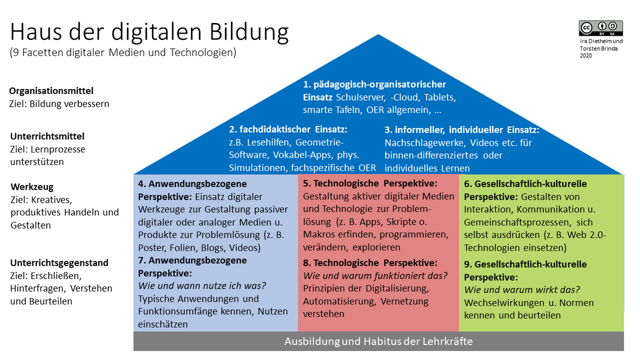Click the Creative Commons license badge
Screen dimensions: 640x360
pos(601,28)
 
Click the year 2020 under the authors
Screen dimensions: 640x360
pos(586,55)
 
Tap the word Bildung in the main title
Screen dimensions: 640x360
pos(249,33)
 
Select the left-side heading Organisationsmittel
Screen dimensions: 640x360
pos(51,91)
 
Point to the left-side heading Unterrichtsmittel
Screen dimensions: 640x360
pos(47,137)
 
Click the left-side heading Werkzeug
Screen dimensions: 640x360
pos(32,187)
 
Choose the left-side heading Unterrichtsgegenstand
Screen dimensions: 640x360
pos(59,263)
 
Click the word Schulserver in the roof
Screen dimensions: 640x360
pos(361,98)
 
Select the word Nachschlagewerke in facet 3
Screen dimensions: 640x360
pos(423,142)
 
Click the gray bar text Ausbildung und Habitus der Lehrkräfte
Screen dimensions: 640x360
pos(379,341)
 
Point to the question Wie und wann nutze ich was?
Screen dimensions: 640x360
pos(202,286)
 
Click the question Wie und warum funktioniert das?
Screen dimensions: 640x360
pos(375,276)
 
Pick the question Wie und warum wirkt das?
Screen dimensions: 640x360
pos(522,290)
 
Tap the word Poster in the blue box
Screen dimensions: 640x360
pos(151,247)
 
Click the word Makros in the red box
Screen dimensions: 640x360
pos(319,234)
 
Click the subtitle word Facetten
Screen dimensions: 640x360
pos(43,53)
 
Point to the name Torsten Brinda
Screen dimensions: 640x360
pos(598,49)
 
